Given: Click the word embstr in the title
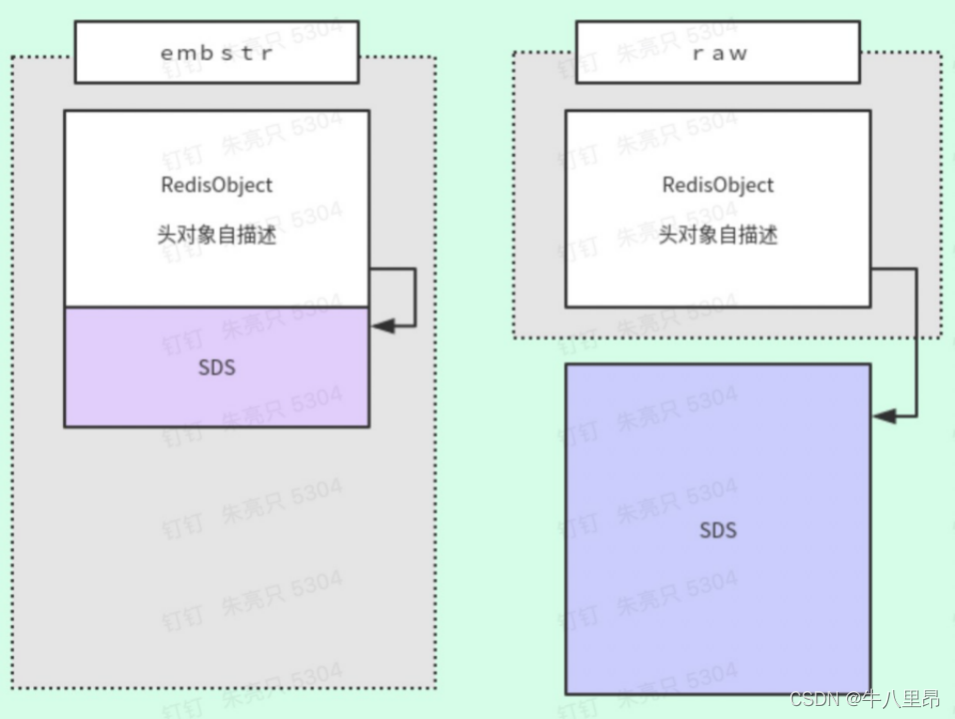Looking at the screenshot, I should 216,53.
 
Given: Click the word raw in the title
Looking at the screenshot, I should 719,53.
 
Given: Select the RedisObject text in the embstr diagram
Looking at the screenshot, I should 216,185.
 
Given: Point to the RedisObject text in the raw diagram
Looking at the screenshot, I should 717,185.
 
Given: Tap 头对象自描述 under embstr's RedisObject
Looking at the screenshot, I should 216,236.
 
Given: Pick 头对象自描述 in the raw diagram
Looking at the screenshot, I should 717,236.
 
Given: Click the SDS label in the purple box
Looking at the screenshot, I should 216,367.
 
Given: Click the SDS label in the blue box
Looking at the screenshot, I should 717,528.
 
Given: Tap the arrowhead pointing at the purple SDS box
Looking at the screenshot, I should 381,325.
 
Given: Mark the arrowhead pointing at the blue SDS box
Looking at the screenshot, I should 883,415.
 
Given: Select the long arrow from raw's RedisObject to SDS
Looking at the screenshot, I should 916,340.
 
